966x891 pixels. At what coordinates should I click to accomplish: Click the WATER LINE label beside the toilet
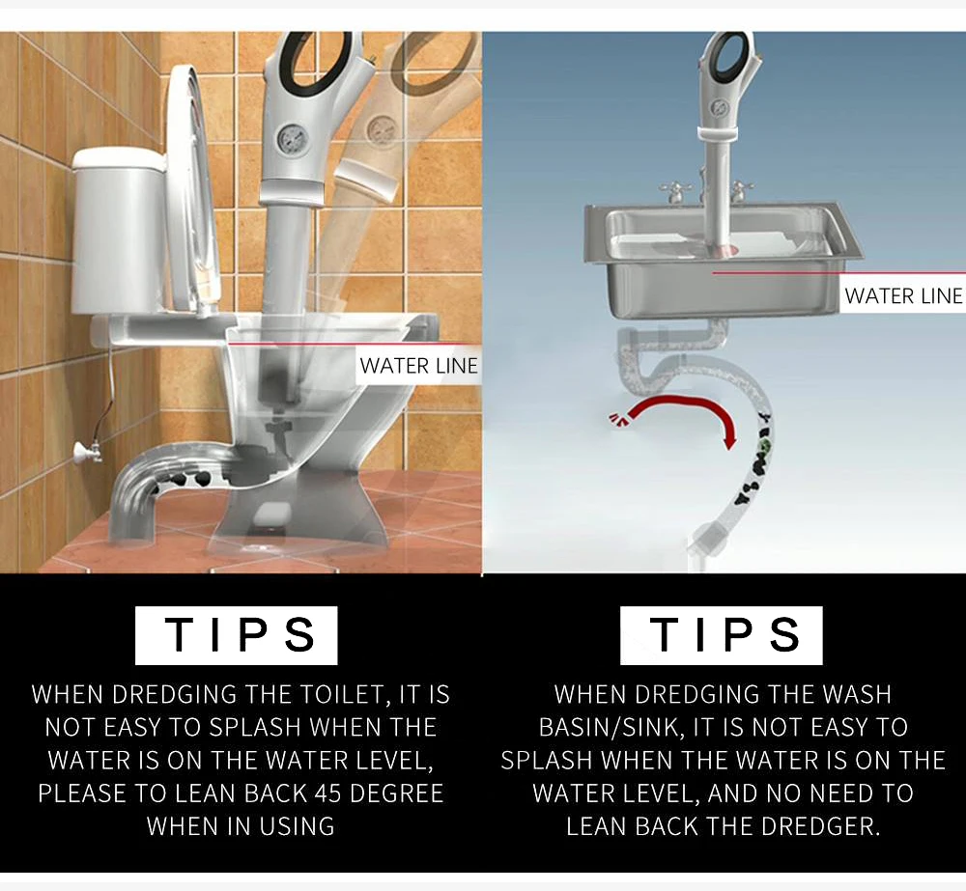point(418,366)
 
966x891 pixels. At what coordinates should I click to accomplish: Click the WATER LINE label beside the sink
point(902,295)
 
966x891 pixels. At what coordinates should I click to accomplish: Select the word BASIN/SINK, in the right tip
point(611,727)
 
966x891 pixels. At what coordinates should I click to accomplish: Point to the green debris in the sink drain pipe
point(763,447)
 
